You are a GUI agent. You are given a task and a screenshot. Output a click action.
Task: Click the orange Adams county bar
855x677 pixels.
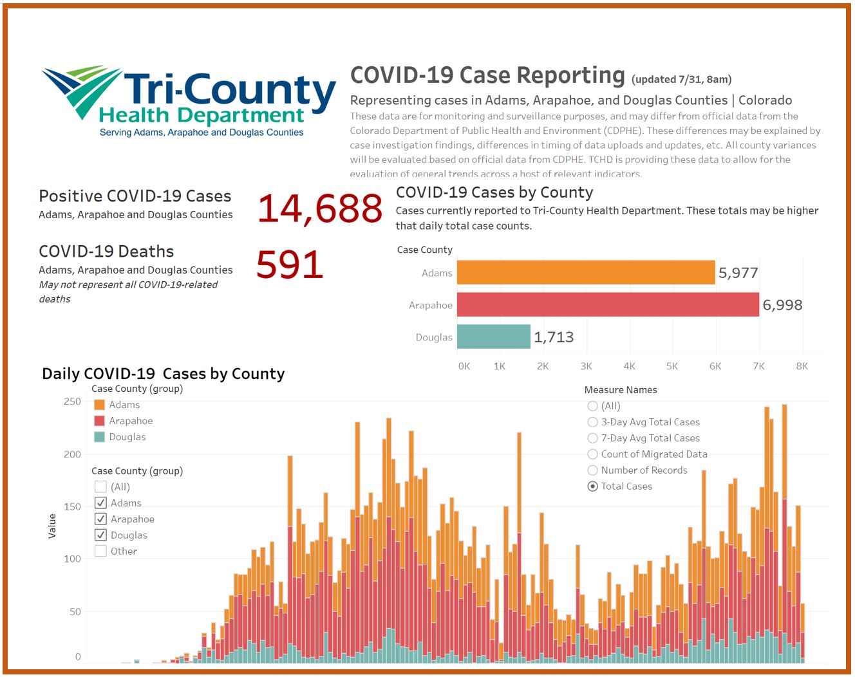586,272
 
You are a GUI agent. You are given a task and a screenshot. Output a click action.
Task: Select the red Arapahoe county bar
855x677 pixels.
608,304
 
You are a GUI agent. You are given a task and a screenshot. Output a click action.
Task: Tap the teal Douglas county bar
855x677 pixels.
493,337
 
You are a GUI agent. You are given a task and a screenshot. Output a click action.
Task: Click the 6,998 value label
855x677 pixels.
782,305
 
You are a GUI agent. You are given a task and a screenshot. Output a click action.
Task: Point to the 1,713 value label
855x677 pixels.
554,337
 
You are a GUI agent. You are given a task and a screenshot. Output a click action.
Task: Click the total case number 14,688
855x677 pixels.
320,209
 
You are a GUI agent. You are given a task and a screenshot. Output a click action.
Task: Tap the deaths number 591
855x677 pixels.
290,264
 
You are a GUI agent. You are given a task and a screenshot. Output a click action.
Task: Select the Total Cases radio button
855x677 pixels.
592,487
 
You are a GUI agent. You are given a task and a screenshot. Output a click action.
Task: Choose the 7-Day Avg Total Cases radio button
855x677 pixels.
592,438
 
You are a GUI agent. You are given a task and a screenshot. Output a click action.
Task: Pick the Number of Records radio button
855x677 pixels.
592,470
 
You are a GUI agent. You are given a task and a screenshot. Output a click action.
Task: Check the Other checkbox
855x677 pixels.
100,551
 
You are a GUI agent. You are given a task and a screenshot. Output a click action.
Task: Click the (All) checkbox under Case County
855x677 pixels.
100,487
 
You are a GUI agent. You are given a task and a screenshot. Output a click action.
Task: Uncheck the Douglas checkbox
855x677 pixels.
100,535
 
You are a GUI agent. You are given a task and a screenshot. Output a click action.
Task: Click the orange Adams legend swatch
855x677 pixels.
99,405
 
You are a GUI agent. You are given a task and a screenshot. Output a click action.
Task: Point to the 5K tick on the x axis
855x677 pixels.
672,366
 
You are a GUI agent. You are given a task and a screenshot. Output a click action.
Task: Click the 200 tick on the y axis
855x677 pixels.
72,454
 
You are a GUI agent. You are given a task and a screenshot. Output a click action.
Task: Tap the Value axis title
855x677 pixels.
52,526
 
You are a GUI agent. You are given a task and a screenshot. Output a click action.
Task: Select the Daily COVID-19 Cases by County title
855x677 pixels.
163,374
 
